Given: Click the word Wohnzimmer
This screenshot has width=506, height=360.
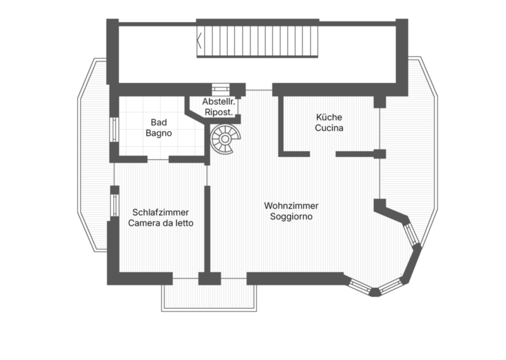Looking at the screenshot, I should [291, 206].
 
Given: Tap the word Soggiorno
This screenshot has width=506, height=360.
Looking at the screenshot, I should [291, 216].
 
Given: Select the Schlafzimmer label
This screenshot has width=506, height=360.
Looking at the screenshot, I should [161, 213].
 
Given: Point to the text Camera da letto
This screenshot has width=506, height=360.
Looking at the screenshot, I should [161, 223].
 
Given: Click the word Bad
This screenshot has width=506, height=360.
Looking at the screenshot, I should [158, 122].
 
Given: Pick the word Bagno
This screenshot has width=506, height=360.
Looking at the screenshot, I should [158, 133].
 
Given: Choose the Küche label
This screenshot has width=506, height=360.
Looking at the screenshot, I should [329, 117].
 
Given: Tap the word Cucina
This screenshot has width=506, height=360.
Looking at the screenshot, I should [329, 128].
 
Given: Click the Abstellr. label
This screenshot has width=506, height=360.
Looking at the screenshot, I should [219, 101].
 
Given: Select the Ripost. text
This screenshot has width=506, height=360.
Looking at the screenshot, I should [219, 112].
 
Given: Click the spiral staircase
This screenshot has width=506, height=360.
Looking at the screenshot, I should [223, 139].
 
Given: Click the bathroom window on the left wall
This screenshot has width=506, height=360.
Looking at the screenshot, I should [113, 129].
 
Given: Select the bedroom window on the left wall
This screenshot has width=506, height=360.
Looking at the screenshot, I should [114, 204].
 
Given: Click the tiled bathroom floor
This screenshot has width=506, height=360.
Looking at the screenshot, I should [136, 142].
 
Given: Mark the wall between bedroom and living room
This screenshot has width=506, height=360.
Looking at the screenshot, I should [207, 228].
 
